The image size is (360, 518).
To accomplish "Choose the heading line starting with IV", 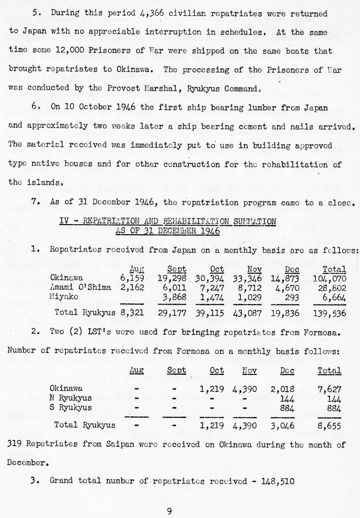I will coord(168,221).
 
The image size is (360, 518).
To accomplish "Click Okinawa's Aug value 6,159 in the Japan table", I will coord(132,278).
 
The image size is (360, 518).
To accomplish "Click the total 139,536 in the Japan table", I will coord(329,313).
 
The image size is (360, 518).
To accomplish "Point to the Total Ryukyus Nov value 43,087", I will coord(247,313).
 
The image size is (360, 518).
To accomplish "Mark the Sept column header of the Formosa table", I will coord(176,370).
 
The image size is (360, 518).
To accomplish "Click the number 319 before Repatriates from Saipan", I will coord(15,445).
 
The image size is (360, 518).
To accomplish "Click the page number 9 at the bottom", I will coord(169,511).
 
